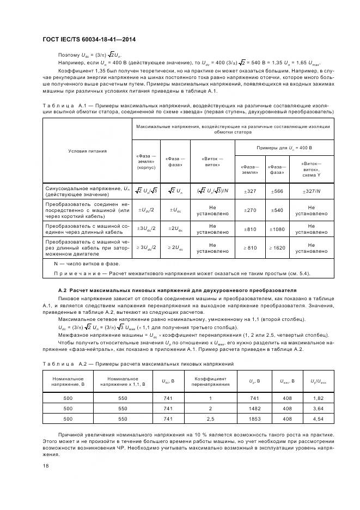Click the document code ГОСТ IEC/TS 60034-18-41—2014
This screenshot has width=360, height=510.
pyautogui.click(x=89, y=40)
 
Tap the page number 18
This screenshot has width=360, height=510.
pyautogui.click(x=45, y=466)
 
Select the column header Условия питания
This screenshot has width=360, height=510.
pyautogui.click(x=87, y=151)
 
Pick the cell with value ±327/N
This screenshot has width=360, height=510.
pyautogui.click(x=312, y=191)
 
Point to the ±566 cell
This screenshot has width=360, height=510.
pyautogui.click(x=277, y=191)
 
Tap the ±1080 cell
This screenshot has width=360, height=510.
pyautogui.click(x=277, y=229)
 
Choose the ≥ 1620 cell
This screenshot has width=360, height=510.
pyautogui.click(x=277, y=248)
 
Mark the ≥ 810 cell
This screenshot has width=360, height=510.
pyautogui.click(x=249, y=248)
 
